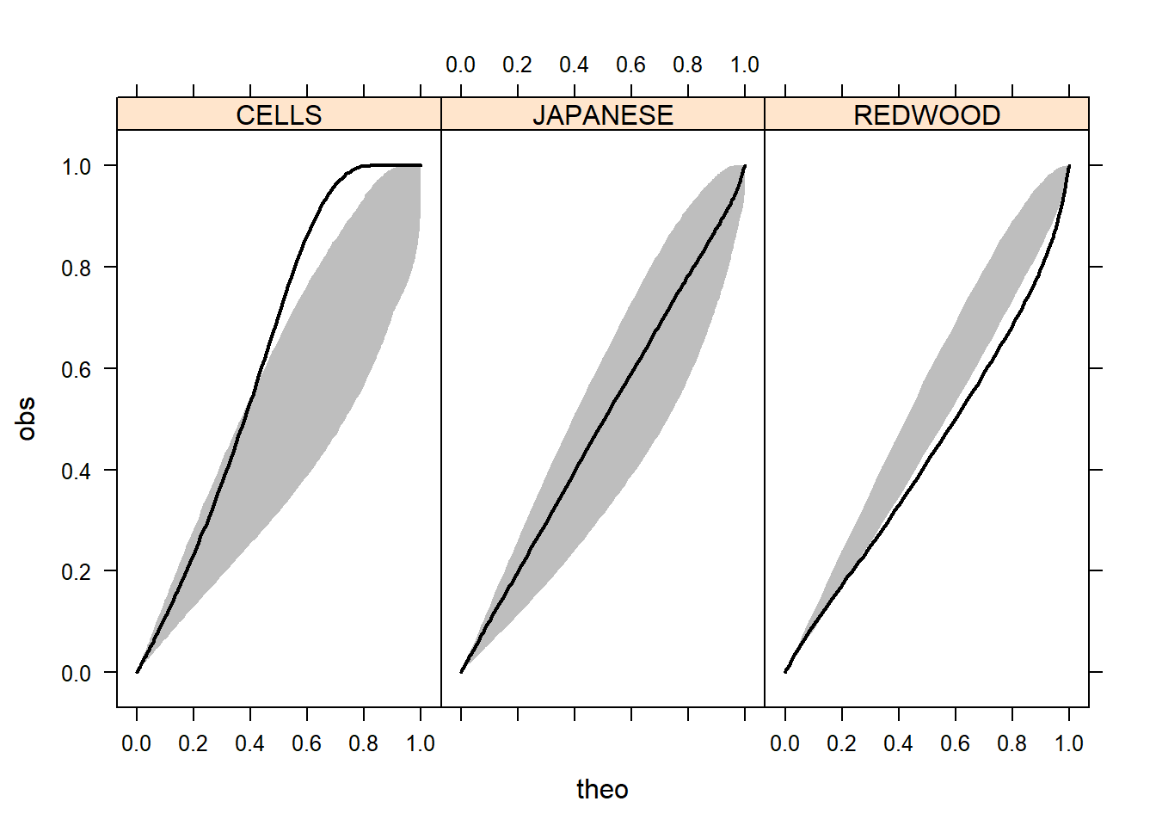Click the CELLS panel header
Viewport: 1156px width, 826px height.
tap(279, 114)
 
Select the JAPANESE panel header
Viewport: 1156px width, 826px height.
tap(602, 114)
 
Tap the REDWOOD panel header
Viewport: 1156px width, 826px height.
tap(926, 114)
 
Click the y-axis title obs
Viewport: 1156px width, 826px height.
tap(27, 419)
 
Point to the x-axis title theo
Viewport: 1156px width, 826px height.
tap(602, 789)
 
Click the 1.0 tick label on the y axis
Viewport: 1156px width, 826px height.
tap(77, 166)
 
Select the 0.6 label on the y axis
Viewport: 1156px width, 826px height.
tap(77, 369)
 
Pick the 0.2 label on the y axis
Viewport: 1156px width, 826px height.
tap(77, 572)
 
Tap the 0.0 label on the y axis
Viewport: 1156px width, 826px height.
tap(77, 674)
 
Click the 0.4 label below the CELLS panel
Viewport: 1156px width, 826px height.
tap(249, 743)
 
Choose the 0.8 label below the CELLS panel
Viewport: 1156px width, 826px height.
tap(363, 743)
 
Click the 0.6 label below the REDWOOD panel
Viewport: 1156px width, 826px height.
tap(955, 743)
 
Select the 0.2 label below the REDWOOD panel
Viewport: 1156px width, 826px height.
tap(841, 743)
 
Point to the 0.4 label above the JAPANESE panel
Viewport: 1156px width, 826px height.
tap(574, 65)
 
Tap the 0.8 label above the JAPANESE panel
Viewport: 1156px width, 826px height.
tap(687, 65)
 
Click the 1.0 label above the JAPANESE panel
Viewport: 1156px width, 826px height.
tap(745, 65)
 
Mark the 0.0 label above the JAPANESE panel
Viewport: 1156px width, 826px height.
tap(460, 65)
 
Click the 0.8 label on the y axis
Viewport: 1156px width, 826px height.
tap(77, 268)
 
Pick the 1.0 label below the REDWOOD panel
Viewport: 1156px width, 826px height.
tap(1069, 743)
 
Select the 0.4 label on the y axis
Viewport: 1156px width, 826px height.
tap(77, 471)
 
